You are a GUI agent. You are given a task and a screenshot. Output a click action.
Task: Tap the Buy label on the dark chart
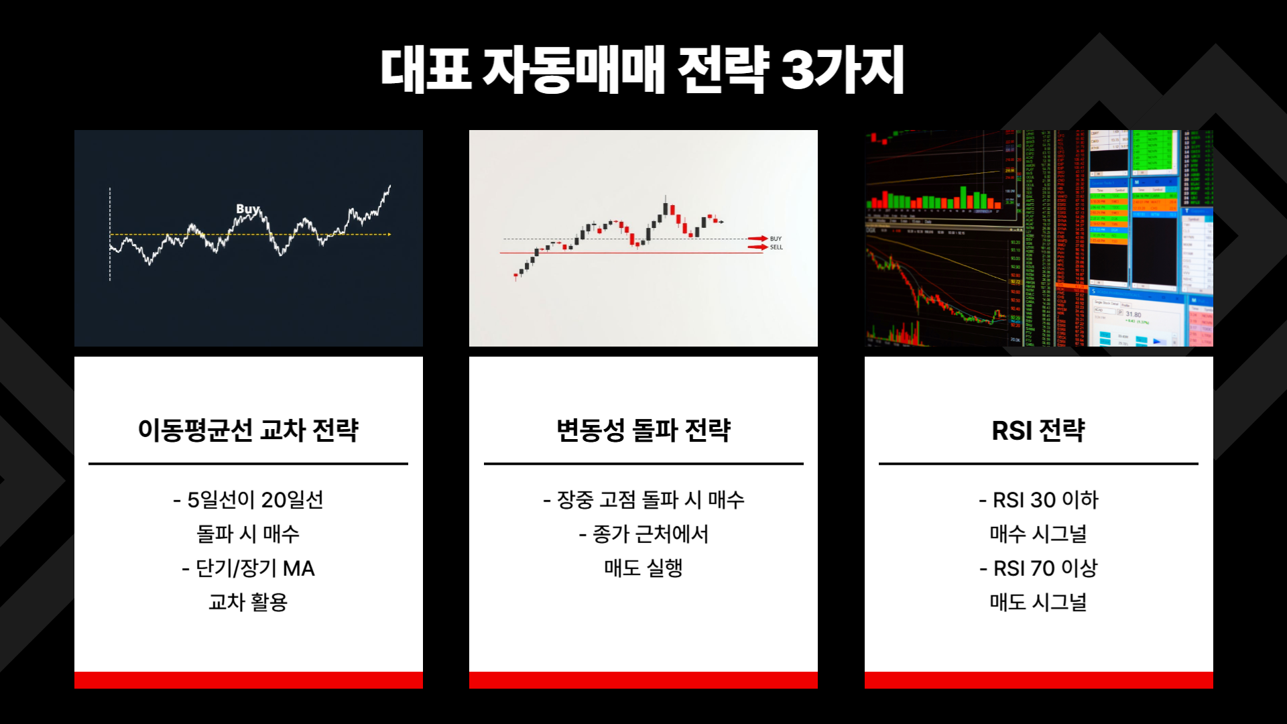[247, 208]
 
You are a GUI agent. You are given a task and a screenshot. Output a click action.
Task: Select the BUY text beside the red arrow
[776, 239]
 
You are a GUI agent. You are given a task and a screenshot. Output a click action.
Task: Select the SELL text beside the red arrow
[776, 247]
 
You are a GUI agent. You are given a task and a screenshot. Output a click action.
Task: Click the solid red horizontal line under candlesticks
[603, 253]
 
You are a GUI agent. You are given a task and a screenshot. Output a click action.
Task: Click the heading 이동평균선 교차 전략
[248, 430]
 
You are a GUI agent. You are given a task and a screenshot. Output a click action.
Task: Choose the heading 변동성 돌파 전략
[643, 430]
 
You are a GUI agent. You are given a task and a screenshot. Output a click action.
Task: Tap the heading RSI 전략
[1038, 430]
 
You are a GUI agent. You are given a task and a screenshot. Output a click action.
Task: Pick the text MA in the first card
[298, 568]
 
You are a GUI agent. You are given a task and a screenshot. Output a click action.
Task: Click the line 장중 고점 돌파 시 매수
[643, 500]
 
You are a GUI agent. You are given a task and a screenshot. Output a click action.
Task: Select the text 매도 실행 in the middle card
[643, 568]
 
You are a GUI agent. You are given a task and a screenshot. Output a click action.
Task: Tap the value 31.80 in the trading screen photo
[1133, 314]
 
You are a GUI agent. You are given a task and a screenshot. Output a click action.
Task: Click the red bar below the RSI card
[1038, 680]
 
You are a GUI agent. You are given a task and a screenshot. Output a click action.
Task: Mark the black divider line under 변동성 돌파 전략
[643, 463]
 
